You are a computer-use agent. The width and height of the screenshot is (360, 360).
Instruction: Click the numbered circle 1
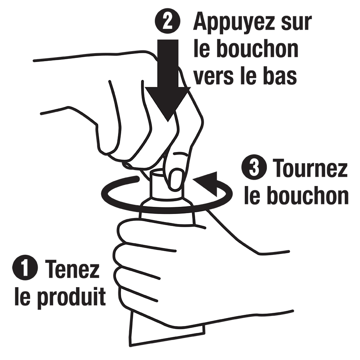point(25,268)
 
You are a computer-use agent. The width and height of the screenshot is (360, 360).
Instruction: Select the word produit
point(72,297)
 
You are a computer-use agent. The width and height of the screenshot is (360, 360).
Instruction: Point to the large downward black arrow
point(168,80)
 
